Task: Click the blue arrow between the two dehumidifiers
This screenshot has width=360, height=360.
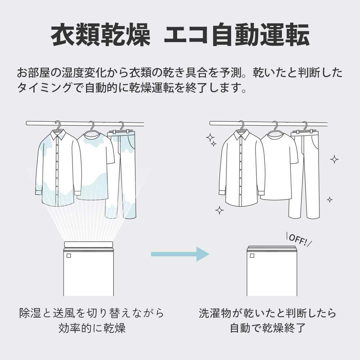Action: (180, 254)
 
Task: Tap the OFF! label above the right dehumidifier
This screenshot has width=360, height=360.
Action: (298, 240)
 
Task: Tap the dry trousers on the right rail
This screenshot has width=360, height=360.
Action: (305, 175)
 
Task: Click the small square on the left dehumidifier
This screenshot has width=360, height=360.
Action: (68, 256)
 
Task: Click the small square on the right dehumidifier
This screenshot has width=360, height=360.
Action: (252, 256)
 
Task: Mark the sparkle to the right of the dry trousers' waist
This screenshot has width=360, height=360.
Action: (334, 159)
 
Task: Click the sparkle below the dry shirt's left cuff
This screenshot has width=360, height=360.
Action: (219, 210)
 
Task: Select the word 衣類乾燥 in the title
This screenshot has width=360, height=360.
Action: (100, 35)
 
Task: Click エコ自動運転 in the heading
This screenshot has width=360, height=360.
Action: (237, 35)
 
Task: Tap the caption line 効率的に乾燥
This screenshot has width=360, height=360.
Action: (92, 328)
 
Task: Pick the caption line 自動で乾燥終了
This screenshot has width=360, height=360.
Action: (268, 328)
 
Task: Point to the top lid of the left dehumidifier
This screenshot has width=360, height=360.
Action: (89, 244)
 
